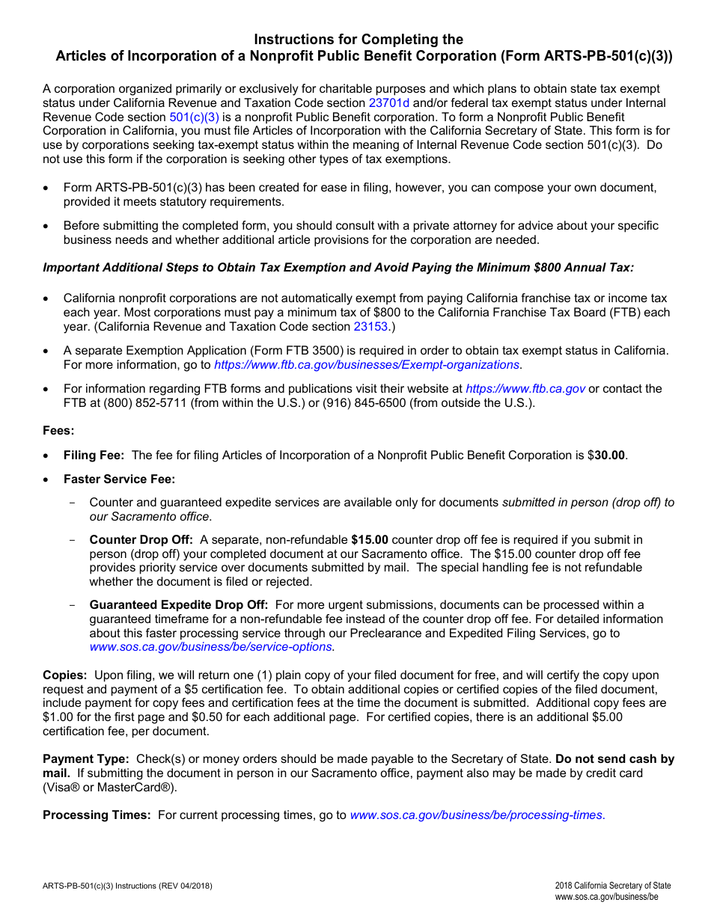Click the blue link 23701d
(389, 103)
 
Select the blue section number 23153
(372, 327)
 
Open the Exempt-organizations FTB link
(367, 365)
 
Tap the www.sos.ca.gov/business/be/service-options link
(211, 647)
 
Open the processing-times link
(476, 815)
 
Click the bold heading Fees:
(58, 431)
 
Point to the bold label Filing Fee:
(94, 455)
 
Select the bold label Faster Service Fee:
(119, 479)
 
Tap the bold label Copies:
(65, 675)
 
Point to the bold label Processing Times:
(97, 815)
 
